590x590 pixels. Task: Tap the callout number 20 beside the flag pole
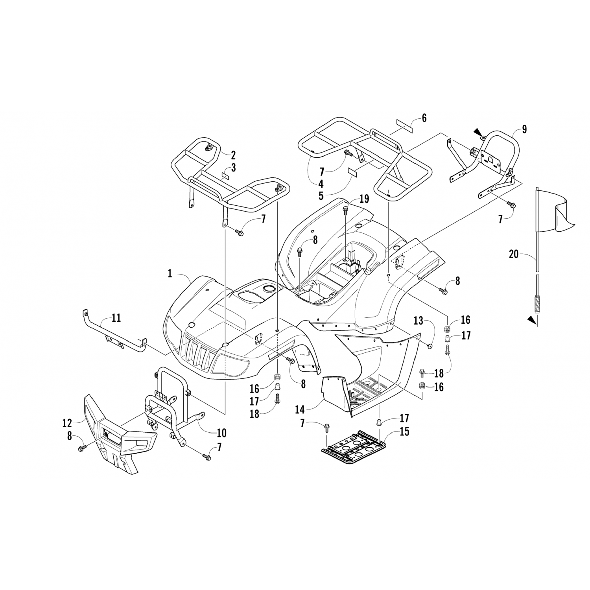pos(514,254)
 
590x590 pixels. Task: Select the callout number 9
pos(524,129)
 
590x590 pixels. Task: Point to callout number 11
pos(116,317)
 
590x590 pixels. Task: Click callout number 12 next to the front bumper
pos(67,423)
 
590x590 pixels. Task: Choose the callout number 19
pos(364,199)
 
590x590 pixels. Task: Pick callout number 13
pos(418,321)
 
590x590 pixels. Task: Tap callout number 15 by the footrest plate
pos(404,431)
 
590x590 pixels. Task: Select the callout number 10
pos(221,433)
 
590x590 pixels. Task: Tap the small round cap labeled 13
pos(430,346)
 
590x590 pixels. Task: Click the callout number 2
pos(233,154)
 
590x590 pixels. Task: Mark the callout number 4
pos(321,183)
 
